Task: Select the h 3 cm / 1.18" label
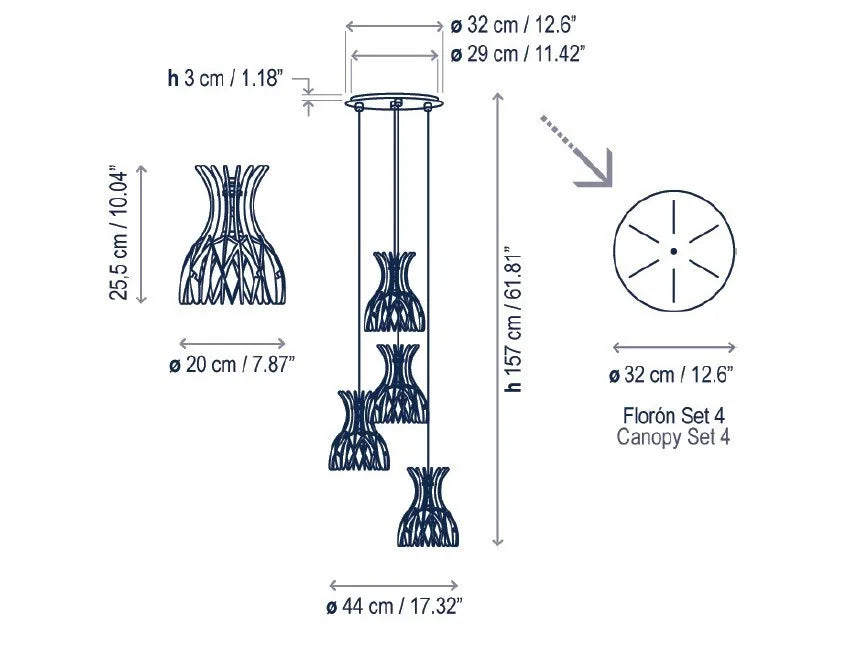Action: tap(226, 76)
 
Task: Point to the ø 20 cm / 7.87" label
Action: tap(231, 365)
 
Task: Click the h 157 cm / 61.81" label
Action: tap(514, 319)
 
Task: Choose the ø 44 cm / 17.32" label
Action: tap(394, 606)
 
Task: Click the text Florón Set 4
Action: tap(673, 413)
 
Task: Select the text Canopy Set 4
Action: tap(673, 436)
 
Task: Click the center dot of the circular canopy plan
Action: tap(673, 250)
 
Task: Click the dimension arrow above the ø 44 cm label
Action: tap(394, 584)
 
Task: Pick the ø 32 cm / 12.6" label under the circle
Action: tap(673, 375)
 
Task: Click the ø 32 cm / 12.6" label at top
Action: tap(514, 25)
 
